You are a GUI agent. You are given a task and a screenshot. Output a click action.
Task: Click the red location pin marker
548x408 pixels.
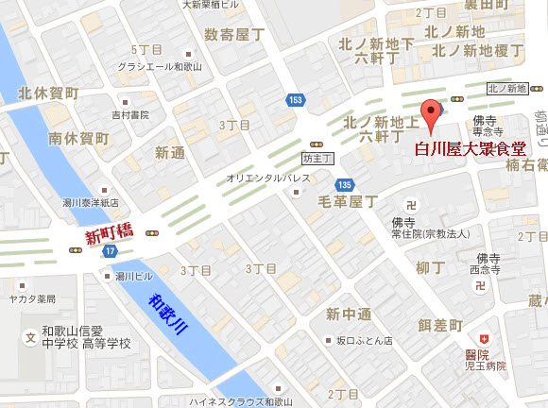431,113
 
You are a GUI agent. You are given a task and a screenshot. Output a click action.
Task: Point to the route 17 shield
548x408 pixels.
110,251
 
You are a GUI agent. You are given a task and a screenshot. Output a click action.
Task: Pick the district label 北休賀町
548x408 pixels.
48,93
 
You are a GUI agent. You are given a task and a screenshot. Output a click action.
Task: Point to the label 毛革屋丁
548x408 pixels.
348,201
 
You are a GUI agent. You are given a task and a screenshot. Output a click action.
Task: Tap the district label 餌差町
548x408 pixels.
440,324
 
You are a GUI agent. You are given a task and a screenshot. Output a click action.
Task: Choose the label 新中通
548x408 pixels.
350,314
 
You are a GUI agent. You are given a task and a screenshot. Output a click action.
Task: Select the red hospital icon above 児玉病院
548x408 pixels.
485,337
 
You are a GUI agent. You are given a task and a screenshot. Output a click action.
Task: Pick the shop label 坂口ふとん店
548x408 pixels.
364,340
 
